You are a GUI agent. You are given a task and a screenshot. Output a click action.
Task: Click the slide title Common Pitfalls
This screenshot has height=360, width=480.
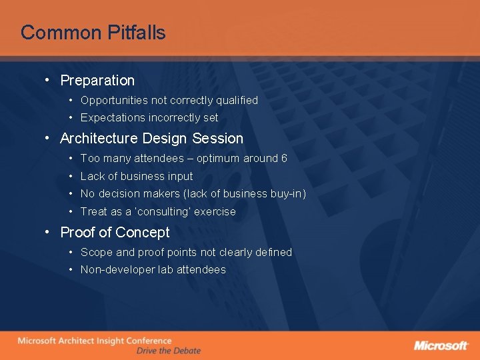tap(93, 33)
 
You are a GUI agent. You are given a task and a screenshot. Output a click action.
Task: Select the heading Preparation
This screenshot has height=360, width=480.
tap(97, 81)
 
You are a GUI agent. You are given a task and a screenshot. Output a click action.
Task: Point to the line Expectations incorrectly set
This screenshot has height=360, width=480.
tap(149, 118)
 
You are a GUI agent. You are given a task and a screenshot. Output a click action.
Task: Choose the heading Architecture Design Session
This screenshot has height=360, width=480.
tap(151, 139)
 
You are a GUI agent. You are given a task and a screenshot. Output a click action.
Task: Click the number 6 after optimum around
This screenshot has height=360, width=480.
tap(284, 159)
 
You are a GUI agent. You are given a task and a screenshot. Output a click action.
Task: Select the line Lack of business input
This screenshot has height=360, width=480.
tap(137, 177)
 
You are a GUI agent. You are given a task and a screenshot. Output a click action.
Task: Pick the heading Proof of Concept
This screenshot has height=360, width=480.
tap(115, 233)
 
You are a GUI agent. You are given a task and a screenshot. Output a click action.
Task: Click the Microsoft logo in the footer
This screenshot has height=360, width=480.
tap(441, 345)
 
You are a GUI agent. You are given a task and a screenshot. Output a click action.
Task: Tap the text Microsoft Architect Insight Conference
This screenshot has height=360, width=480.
tap(94, 341)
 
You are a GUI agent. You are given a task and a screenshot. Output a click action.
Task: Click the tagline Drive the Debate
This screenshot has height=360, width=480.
tap(168, 351)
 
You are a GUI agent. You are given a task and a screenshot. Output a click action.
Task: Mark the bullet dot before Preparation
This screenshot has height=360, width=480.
tap(47, 81)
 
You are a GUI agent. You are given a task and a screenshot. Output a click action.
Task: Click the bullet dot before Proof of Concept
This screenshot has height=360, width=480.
tap(47, 233)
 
